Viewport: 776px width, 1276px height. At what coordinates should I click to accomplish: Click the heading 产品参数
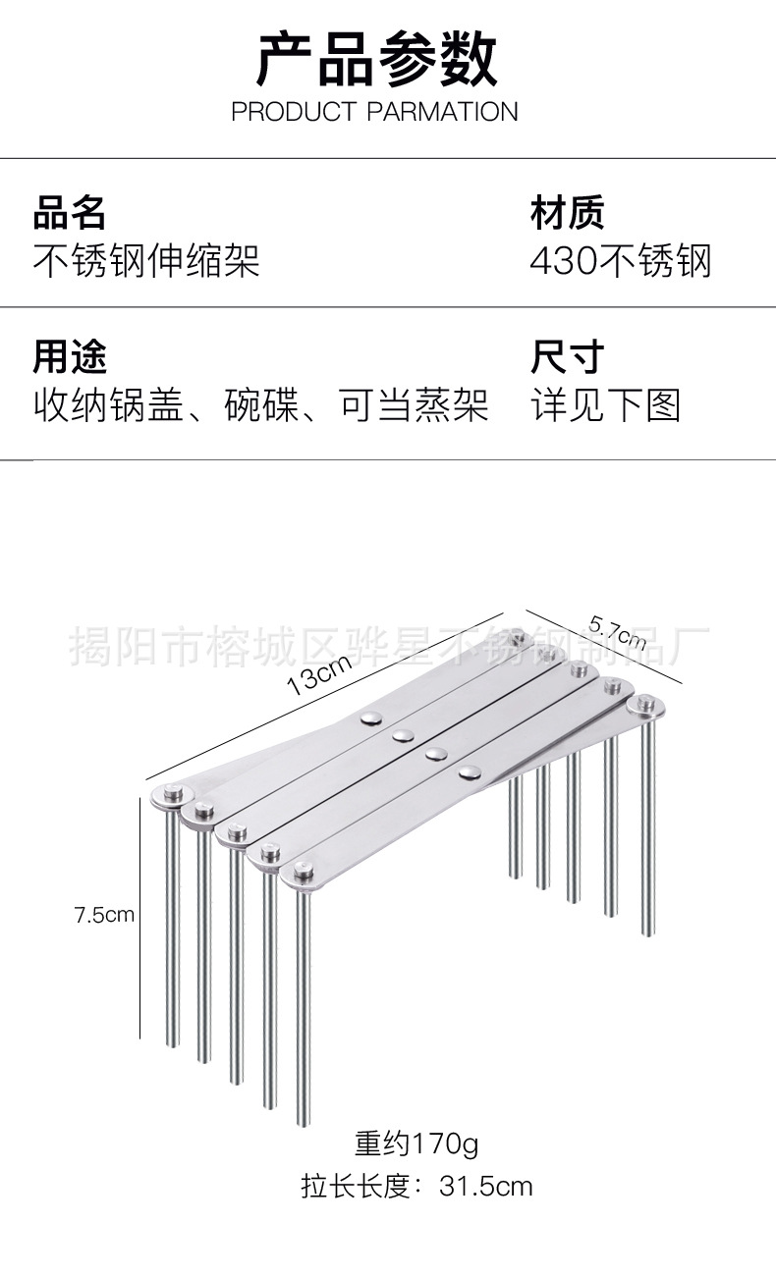click(377, 60)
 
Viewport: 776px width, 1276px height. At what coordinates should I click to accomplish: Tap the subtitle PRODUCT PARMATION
click(374, 112)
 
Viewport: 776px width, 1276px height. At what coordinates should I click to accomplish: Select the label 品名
click(70, 212)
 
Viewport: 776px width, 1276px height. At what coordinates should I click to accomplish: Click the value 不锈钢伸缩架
click(146, 261)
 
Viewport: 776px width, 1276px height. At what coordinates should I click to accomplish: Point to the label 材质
click(567, 212)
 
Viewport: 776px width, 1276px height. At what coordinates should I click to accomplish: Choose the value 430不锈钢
click(620, 261)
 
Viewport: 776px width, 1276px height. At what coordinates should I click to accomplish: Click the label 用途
click(70, 357)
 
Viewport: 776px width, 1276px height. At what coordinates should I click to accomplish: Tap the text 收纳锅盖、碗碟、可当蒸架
click(260, 405)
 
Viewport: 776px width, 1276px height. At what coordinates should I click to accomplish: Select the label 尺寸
click(567, 357)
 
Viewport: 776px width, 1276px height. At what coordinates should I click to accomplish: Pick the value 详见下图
click(605, 405)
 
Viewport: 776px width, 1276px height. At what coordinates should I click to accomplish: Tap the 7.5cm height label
click(104, 915)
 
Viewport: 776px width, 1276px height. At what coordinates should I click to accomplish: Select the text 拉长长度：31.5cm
click(416, 1187)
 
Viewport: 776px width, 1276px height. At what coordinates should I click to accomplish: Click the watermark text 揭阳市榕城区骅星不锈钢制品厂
click(389, 645)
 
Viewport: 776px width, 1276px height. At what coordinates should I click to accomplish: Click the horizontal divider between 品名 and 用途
click(388, 307)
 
